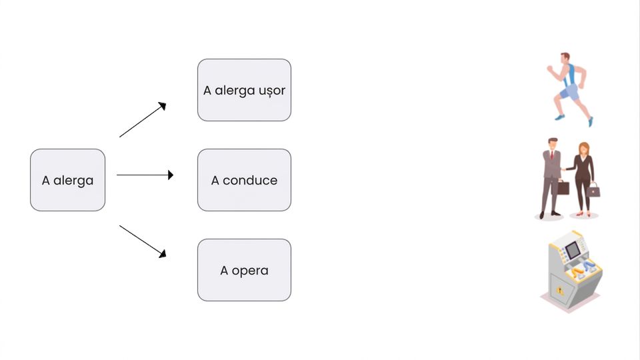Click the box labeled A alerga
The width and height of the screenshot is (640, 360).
(x=68, y=180)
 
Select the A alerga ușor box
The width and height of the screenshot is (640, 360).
(x=244, y=90)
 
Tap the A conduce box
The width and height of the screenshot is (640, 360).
(x=244, y=180)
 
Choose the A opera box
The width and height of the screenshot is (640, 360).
(x=244, y=270)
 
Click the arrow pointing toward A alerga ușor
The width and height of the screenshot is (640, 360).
(x=143, y=119)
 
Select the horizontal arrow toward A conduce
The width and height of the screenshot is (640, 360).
(x=145, y=175)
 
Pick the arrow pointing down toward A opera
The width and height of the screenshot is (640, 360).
(x=143, y=241)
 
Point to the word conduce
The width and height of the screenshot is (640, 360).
(x=250, y=180)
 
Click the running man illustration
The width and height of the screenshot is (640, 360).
(x=570, y=89)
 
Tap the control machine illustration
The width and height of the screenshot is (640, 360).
(x=571, y=271)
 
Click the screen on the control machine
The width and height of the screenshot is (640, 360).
(x=573, y=249)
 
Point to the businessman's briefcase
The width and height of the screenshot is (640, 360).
(x=563, y=188)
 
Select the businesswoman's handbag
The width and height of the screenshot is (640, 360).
(x=593, y=190)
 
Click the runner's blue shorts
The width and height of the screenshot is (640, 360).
(x=569, y=92)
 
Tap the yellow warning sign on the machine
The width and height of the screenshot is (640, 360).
(x=560, y=291)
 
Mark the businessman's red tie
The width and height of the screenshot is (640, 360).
(x=552, y=155)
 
